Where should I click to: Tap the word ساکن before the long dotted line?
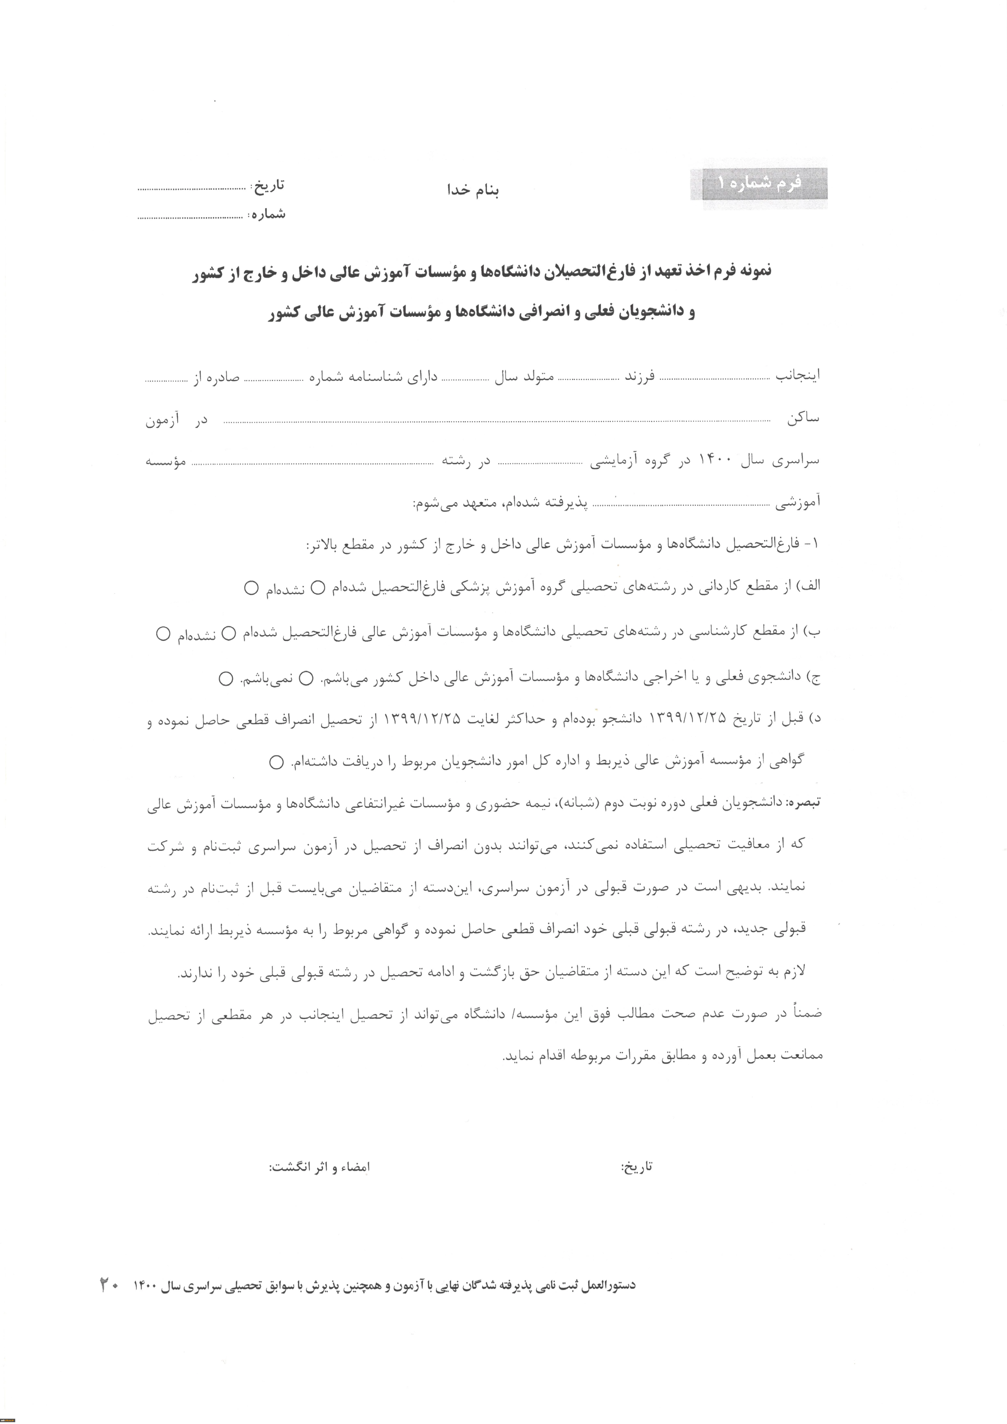click(803, 419)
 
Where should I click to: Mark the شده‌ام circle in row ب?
click(228, 633)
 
